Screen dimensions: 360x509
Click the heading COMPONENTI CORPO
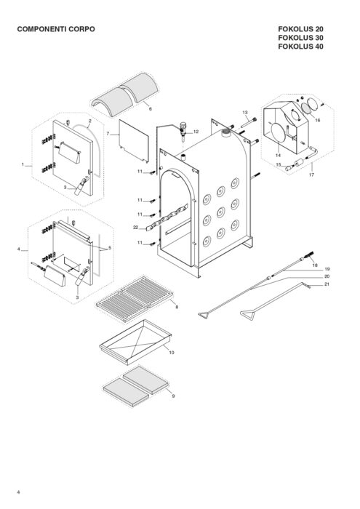click(56, 29)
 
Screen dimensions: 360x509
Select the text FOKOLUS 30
click(300, 38)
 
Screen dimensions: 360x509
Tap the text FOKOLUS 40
click(300, 47)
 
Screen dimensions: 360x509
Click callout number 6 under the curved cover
click(151, 109)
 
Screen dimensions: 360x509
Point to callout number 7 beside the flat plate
click(108, 133)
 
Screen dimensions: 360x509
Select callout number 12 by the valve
click(196, 132)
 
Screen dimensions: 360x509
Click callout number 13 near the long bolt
click(245, 112)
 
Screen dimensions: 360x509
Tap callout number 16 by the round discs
click(318, 120)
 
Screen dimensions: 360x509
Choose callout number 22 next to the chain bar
click(136, 227)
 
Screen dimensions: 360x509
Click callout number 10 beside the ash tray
click(172, 352)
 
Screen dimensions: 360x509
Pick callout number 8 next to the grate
click(177, 307)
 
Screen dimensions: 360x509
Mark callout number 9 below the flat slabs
click(173, 396)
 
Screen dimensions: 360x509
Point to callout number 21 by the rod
click(327, 284)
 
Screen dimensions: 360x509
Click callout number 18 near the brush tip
click(315, 265)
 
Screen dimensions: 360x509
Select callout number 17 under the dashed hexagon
click(311, 175)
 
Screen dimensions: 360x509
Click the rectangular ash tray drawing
click(135, 342)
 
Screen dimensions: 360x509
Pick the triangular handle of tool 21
click(247, 315)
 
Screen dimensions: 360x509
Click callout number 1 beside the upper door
click(23, 164)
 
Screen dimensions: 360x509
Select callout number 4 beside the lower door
click(18, 249)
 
